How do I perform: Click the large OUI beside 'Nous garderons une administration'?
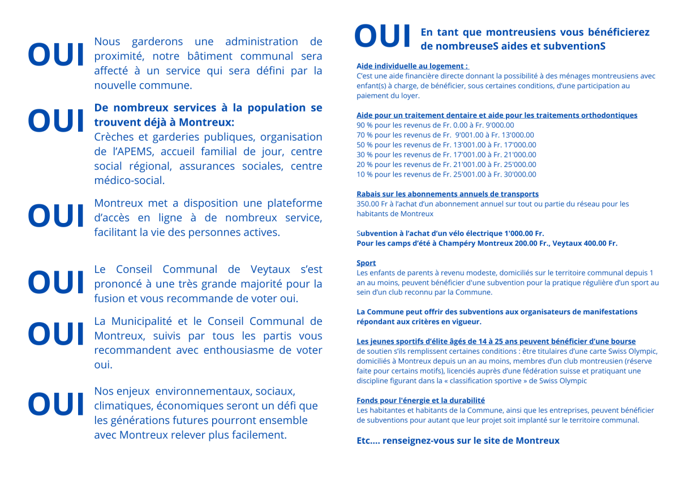tap(56, 55)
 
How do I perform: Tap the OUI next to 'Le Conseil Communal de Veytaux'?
tap(56, 282)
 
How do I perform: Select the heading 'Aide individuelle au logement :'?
tap(412, 66)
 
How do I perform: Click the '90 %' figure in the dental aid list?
tap(365, 125)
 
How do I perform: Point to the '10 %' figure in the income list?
tap(365, 174)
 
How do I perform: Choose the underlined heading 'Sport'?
tap(366, 263)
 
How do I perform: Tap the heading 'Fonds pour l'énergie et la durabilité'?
tap(420, 400)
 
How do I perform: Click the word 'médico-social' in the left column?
tap(129, 181)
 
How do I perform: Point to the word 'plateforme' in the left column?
tap(294, 203)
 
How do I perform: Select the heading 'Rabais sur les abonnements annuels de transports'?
tap(447, 194)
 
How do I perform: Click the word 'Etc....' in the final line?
tap(368, 440)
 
